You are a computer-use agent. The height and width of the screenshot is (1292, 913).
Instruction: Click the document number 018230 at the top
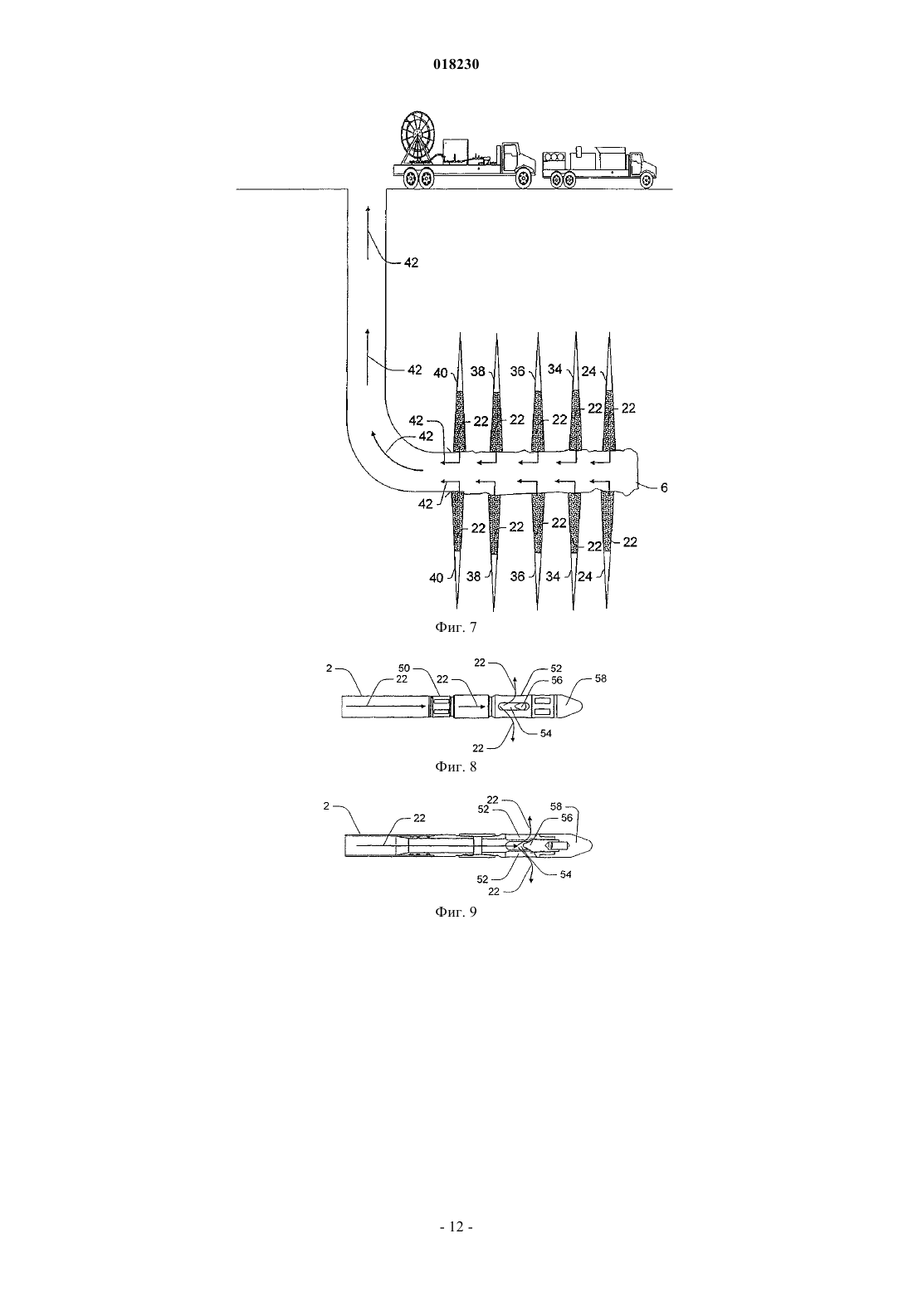tap(456, 65)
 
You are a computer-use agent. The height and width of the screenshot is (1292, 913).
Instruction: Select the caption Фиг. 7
tap(456, 627)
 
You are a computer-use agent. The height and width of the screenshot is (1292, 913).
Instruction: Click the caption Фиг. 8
tap(456, 766)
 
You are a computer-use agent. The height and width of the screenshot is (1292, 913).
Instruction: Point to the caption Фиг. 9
tap(456, 912)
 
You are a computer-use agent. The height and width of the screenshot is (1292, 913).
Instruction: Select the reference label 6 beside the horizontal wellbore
tap(664, 488)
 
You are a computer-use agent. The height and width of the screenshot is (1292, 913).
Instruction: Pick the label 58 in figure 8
tap(601, 678)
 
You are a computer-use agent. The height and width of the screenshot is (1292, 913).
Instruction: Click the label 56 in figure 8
tap(557, 681)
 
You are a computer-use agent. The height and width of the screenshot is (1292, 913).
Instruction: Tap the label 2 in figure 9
tap(326, 805)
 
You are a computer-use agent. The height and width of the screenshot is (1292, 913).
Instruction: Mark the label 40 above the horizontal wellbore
tap(441, 373)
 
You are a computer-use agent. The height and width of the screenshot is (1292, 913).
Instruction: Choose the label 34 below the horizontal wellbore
tap(553, 576)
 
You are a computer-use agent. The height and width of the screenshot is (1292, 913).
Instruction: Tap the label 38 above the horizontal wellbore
tap(478, 371)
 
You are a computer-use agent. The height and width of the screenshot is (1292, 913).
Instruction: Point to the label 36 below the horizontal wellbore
tap(518, 576)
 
